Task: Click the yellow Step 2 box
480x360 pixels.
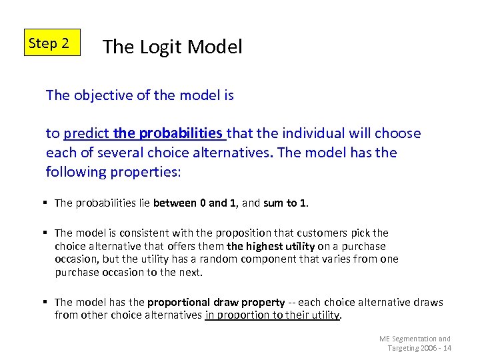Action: click(51, 43)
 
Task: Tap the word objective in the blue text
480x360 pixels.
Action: click(102, 95)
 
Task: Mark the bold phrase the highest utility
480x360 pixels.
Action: click(270, 246)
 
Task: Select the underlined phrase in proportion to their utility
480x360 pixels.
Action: click(272, 315)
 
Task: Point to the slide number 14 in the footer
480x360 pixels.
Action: click(446, 348)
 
